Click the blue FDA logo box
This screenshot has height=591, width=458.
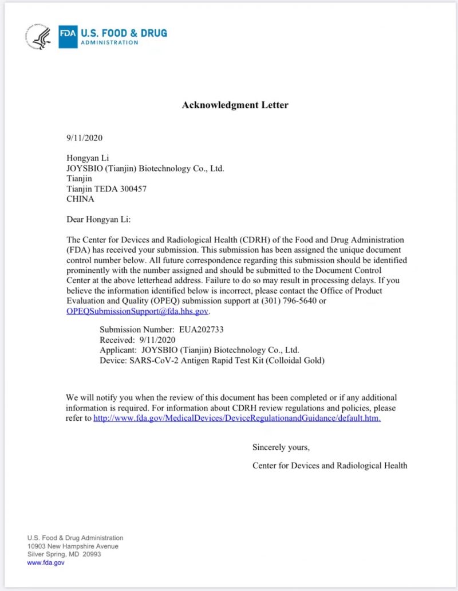68,37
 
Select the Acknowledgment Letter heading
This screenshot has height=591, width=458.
235,105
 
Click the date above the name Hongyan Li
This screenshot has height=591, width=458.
85,138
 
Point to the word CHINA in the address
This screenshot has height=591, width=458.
81,199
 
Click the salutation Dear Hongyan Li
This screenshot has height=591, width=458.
99,219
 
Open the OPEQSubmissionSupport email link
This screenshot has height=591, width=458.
137,311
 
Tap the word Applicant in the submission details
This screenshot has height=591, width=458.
117,350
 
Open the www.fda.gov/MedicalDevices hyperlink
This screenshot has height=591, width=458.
237,418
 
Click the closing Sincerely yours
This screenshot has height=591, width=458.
281,447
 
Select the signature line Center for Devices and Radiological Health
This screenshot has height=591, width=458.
330,465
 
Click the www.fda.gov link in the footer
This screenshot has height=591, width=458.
46,563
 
